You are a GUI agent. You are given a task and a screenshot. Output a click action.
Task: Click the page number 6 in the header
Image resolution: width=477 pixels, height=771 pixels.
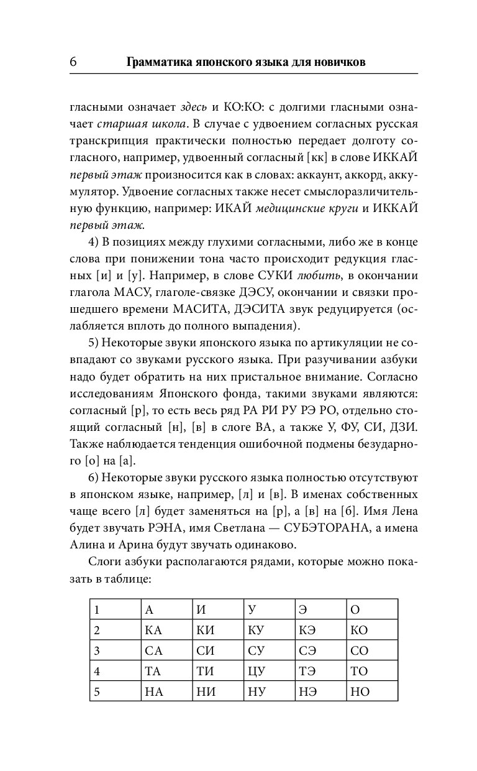73,62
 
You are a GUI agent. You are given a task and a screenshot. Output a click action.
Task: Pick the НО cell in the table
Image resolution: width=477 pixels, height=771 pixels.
359,691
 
